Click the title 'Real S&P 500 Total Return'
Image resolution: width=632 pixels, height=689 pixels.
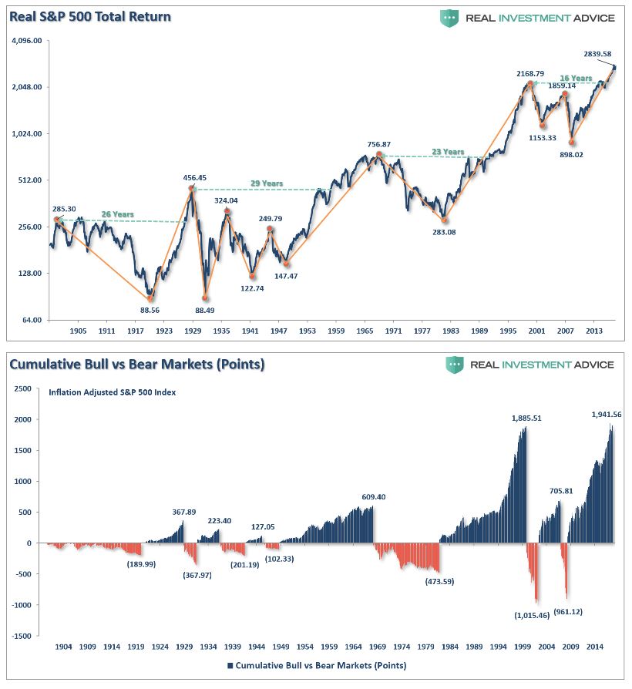90,17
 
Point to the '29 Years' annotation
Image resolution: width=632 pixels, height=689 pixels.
267,183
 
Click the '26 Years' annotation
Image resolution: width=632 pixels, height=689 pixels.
117,214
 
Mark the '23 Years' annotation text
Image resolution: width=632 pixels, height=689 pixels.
448,152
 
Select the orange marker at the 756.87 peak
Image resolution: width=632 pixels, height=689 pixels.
378,155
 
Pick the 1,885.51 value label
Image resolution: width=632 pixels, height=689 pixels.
526,418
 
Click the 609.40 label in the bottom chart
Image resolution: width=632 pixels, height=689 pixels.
373,497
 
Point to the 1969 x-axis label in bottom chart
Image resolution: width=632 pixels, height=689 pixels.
377,647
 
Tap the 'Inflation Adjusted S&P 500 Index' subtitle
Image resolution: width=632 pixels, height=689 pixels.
112,392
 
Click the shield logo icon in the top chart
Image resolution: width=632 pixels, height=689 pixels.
449,18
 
